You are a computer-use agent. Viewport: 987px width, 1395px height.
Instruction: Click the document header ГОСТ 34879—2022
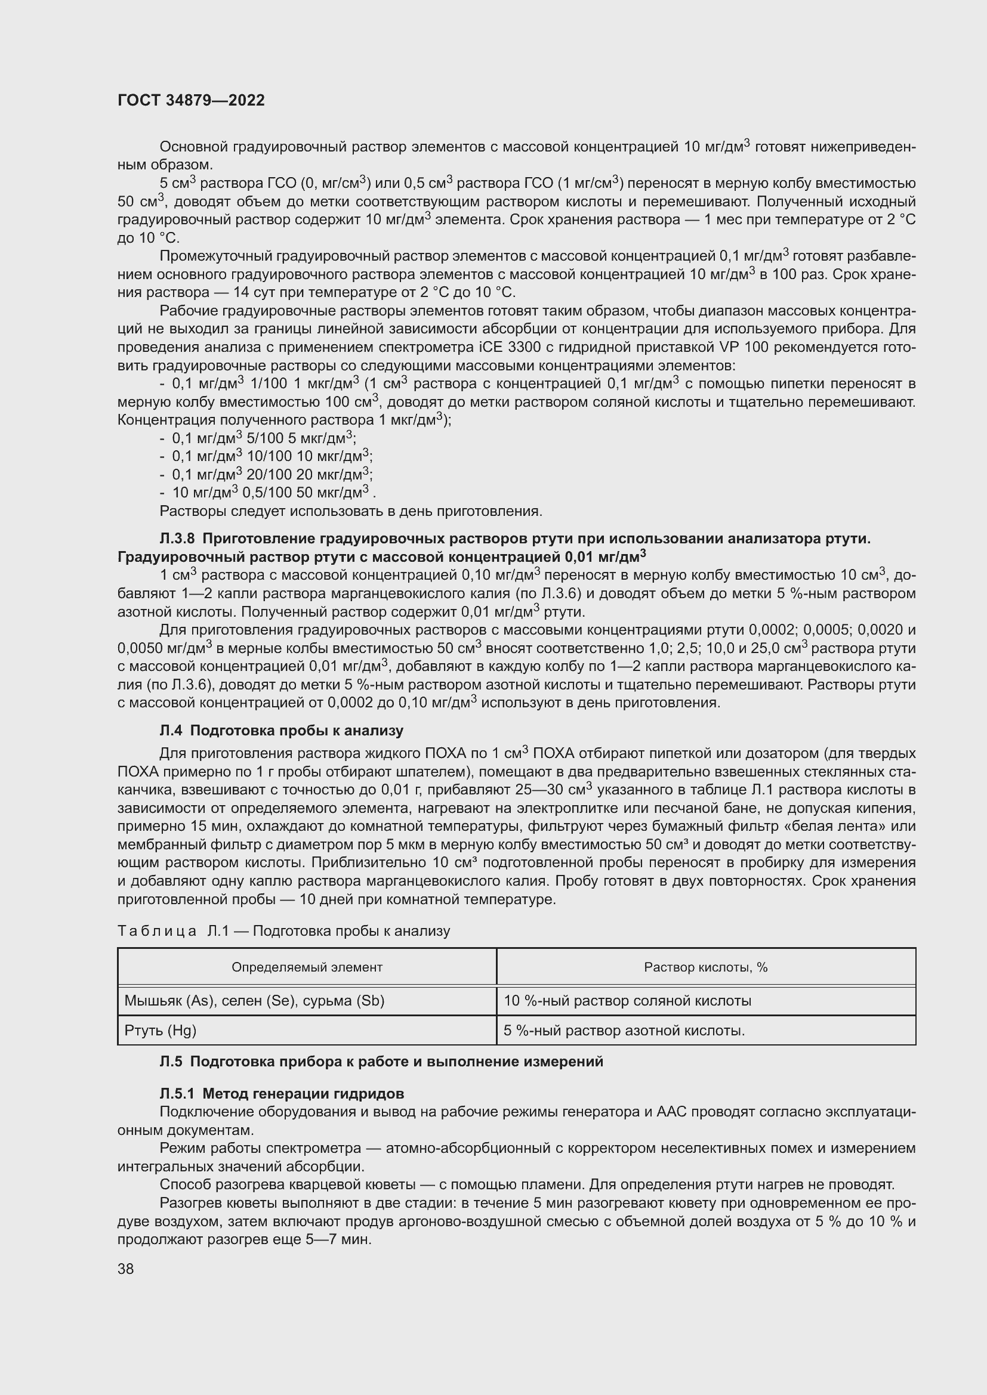pyautogui.click(x=191, y=100)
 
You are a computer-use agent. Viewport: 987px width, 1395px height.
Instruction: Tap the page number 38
pyautogui.click(x=126, y=1269)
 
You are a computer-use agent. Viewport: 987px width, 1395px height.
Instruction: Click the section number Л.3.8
pyautogui.click(x=177, y=539)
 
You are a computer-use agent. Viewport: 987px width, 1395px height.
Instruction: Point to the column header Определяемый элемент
pyautogui.click(x=307, y=967)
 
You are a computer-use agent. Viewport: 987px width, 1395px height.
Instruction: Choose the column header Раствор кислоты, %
pyautogui.click(x=705, y=967)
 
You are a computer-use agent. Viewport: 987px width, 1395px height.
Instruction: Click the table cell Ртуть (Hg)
pyautogui.click(x=161, y=1030)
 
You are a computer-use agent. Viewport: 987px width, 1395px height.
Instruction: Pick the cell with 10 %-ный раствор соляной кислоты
pyautogui.click(x=627, y=1000)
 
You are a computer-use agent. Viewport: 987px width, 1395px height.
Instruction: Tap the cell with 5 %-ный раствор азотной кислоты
pyautogui.click(x=624, y=1030)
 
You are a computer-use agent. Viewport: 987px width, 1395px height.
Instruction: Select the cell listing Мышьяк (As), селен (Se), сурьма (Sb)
pyautogui.click(x=254, y=1000)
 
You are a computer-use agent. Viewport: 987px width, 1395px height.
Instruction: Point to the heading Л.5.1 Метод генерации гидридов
pyautogui.click(x=282, y=1094)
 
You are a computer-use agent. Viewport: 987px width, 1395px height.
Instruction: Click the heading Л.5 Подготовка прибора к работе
pyautogui.click(x=381, y=1062)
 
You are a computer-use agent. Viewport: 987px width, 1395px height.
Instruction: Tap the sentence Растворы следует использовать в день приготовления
pyautogui.click(x=351, y=511)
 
